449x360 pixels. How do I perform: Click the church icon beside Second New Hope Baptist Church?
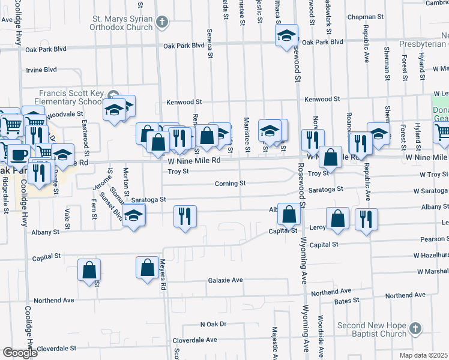click(415, 329)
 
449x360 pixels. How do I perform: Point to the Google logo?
click(20, 353)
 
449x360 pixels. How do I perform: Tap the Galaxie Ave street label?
click(225, 280)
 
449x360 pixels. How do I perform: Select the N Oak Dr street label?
click(213, 324)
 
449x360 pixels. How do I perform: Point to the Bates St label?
click(346, 299)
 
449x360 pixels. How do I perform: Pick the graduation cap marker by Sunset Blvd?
click(133, 216)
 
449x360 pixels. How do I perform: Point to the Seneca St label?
click(210, 43)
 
